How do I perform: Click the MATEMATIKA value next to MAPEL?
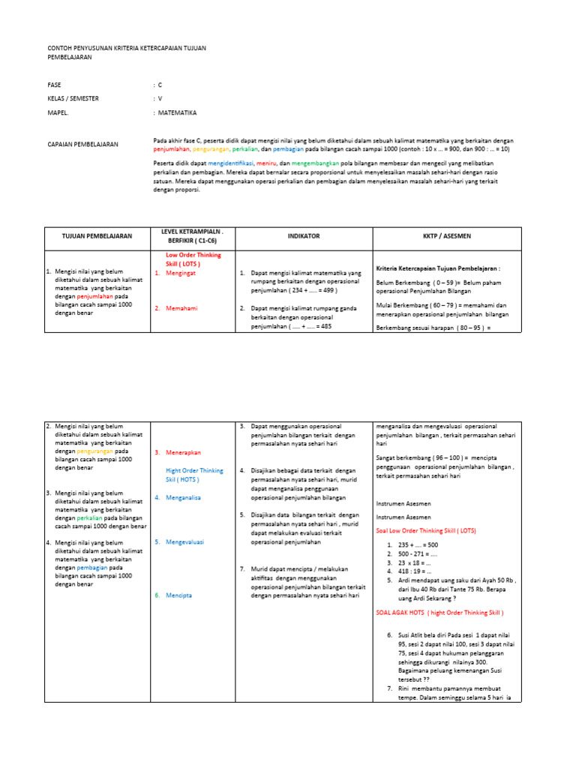click(177, 112)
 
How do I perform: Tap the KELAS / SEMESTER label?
click(73, 98)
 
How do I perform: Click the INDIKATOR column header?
click(303, 235)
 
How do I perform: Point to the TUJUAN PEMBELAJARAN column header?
click(97, 235)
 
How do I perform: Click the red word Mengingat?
click(184, 273)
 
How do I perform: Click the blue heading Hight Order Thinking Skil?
click(194, 475)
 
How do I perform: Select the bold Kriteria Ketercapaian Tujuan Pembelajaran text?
click(438, 268)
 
